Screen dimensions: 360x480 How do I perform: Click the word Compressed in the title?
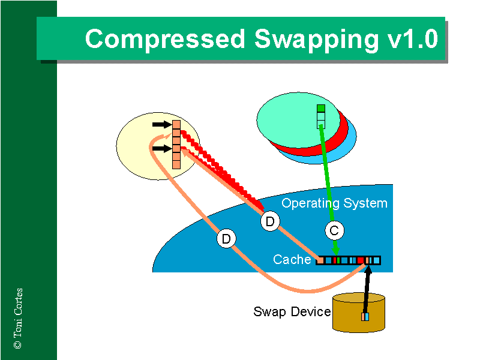tap(166, 39)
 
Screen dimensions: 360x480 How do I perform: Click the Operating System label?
tap(334, 203)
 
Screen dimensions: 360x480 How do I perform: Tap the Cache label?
tap(292, 259)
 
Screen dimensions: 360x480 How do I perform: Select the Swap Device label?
tap(292, 312)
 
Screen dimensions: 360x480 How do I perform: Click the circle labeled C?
tap(335, 230)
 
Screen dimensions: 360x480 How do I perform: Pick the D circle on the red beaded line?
tap(271, 222)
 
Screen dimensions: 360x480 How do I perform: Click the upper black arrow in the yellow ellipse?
tap(161, 125)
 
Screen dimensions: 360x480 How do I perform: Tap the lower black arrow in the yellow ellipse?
tap(161, 148)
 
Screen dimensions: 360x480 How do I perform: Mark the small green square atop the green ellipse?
tap(321, 109)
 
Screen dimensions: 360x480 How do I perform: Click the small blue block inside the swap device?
tap(365, 316)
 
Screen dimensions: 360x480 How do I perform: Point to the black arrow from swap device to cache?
tap(367, 288)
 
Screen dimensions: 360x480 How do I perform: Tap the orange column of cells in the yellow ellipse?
tap(176, 144)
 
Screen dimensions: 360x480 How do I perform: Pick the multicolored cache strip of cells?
tap(348, 260)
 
